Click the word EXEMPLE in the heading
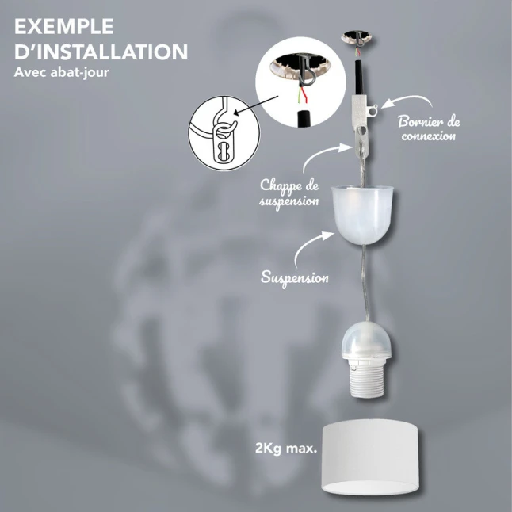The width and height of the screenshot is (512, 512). (64, 26)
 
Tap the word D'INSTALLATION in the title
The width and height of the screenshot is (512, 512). (101, 52)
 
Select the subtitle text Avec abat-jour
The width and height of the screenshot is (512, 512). (61, 72)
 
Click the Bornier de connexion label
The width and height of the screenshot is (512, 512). (429, 128)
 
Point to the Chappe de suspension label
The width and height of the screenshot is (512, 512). (289, 193)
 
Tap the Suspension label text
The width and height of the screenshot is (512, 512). (295, 278)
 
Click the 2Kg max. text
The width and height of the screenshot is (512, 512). (286, 449)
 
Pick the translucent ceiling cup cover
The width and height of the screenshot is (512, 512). (362, 215)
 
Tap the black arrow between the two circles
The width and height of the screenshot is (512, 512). (256, 105)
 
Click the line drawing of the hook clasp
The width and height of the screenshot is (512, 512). (224, 132)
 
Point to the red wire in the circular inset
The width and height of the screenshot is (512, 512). (304, 94)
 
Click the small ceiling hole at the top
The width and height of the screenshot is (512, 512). (357, 37)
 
